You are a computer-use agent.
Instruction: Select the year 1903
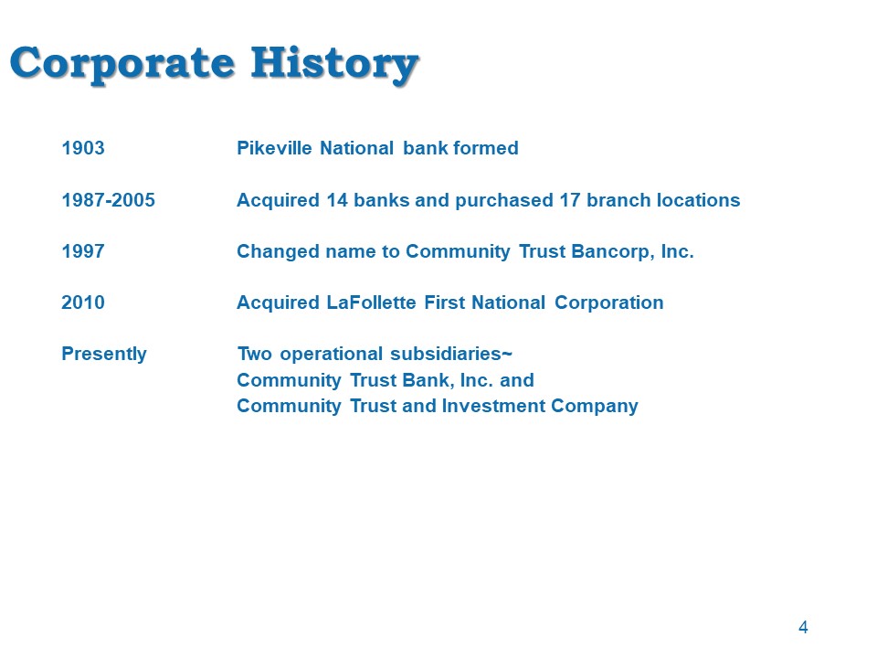(83, 148)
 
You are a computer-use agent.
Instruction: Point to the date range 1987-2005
(108, 200)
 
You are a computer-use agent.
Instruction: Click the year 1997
(83, 252)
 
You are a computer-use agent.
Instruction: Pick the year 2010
(83, 302)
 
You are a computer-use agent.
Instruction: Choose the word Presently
(104, 355)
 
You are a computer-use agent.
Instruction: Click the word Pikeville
(274, 148)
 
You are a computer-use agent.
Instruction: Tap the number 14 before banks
(337, 200)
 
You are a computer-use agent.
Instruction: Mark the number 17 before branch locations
(570, 200)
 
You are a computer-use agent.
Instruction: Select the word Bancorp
(612, 252)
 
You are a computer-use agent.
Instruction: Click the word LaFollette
(372, 302)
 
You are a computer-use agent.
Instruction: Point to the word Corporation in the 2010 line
(609, 303)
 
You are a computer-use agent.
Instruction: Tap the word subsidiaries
(450, 355)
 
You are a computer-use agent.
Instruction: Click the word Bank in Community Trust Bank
(428, 380)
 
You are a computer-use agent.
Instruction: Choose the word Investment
(494, 406)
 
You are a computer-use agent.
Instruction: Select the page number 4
(803, 627)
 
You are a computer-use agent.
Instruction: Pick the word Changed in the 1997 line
(278, 252)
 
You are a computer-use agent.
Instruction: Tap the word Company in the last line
(595, 407)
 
